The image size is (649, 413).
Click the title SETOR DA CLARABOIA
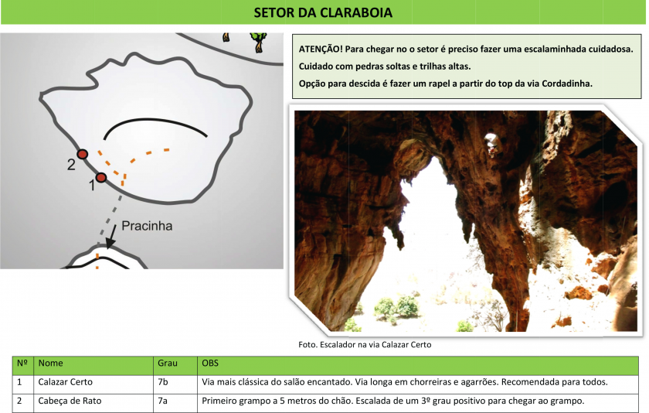[x=323, y=12]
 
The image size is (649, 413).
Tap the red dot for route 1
[x=101, y=178]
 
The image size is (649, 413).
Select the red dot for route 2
[x=83, y=154]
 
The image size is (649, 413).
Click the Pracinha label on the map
[x=147, y=226]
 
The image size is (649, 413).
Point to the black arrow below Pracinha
[x=111, y=237]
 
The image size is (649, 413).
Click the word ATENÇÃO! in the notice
[x=321, y=49]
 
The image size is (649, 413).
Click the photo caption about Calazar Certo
[x=365, y=345]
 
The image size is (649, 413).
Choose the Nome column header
[x=50, y=364]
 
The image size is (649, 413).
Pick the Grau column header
[x=167, y=364]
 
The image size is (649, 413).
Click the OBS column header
[x=210, y=364]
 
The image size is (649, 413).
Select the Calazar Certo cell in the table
[x=66, y=382]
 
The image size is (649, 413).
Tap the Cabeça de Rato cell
[x=70, y=401]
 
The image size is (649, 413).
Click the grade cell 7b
[x=163, y=382]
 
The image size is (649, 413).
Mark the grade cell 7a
[x=163, y=401]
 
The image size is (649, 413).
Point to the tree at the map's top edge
[x=258, y=42]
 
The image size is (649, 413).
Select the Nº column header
[x=22, y=364]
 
